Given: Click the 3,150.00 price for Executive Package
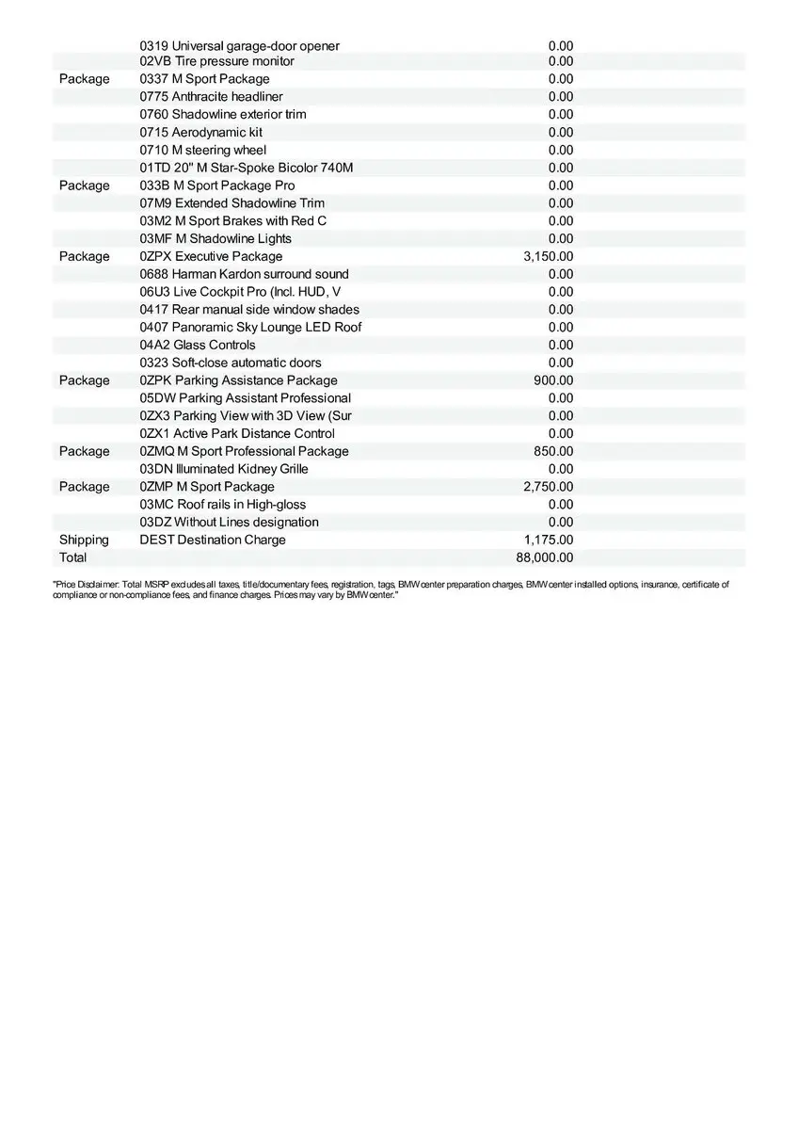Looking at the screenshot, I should coord(548,256).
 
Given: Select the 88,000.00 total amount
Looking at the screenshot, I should coord(544,557).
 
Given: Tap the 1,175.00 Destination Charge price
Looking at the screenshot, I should coord(548,540).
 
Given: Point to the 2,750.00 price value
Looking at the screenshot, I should coord(548,487).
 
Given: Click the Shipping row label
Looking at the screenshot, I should coord(84,540).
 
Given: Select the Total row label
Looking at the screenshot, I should coord(72,557).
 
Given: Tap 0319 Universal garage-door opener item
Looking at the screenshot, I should coord(239,46).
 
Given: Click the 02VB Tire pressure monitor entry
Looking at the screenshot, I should coord(216,61).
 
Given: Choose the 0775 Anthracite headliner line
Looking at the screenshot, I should coord(211,96).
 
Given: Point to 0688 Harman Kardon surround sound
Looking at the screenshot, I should coord(244,274).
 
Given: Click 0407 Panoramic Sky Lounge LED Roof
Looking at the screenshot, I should coord(250,327).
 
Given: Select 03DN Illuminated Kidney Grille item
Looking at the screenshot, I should coord(224,469).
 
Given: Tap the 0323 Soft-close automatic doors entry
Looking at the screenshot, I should coord(231,363).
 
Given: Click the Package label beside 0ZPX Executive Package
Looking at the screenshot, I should coord(84,256).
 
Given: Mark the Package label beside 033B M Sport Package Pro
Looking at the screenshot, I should coord(84,186).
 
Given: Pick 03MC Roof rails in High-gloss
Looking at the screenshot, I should coord(222,505).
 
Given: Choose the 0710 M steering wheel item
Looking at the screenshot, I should coord(202,150).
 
